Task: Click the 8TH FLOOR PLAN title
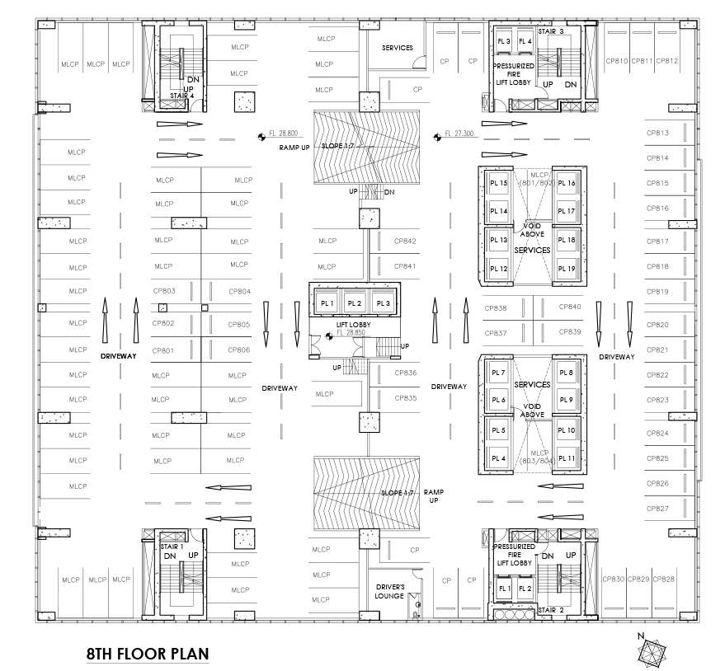[148, 655]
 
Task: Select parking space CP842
[405, 242]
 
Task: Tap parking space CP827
[657, 509]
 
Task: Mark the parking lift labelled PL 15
[498, 184]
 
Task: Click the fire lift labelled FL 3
[504, 41]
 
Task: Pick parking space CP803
[164, 291]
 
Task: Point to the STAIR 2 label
[550, 611]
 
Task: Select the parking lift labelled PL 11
[566, 458]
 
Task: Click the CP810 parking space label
[617, 61]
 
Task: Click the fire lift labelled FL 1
[503, 589]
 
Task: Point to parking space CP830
[614, 579]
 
